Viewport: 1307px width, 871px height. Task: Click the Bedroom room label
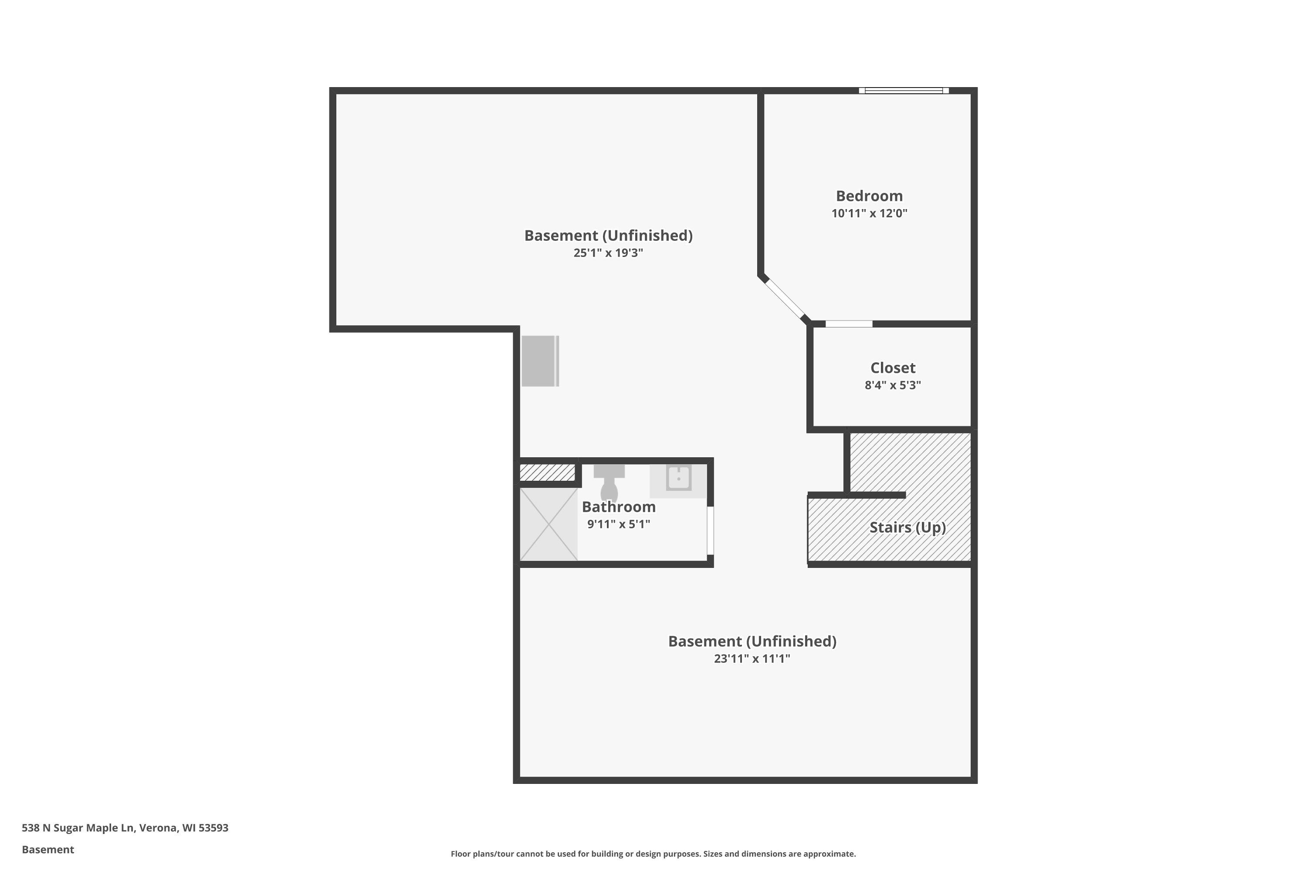click(x=869, y=196)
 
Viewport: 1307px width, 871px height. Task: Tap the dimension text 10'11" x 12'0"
click(x=869, y=213)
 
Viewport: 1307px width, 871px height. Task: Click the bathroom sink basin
click(x=678, y=478)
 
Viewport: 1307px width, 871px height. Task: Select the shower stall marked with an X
click(x=549, y=524)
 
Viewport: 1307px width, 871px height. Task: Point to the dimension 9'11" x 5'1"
click(x=619, y=524)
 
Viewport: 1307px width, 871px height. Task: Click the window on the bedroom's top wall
click(x=904, y=91)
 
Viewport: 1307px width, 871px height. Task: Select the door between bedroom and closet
click(x=849, y=324)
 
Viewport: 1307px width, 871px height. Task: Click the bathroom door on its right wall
click(x=710, y=530)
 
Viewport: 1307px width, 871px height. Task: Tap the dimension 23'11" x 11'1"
click(x=752, y=659)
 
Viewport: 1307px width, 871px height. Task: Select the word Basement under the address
click(x=48, y=849)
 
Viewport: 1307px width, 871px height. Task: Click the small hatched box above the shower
click(x=547, y=473)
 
